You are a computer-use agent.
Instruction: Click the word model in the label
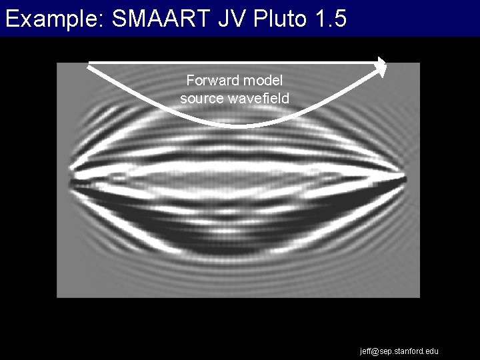point(263,81)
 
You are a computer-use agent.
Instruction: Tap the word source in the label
point(199,99)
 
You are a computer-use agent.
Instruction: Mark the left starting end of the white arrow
point(89,64)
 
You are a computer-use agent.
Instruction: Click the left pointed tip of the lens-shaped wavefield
point(69,180)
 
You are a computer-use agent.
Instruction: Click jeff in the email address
point(367,351)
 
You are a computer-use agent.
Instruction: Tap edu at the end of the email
point(433,351)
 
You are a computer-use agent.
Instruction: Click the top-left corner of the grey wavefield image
point(57,63)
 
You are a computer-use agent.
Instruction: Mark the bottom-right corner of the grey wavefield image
point(419,297)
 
